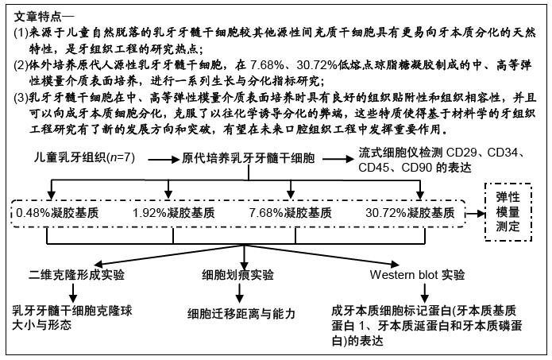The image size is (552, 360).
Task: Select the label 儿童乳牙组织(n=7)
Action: pos(84,157)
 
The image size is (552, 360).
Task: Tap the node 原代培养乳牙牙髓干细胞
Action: pos(248,158)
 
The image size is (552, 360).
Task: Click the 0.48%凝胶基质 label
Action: pos(57,213)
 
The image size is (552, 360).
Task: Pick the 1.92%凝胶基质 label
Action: pos(174,213)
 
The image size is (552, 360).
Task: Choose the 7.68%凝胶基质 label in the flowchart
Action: pos(290,213)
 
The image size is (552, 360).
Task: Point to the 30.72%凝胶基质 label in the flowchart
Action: pos(410,213)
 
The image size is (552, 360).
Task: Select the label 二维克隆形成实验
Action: pos(77,274)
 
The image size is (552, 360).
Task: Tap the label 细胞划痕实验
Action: pos(238,274)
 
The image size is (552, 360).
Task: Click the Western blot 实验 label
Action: pos(417,274)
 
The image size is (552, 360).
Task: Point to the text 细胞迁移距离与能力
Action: pos(241,313)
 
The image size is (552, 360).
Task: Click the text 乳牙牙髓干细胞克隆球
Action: pos(72,311)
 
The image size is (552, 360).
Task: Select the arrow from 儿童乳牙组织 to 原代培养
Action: pos(164,160)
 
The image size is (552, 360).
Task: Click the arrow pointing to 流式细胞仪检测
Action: pos(338,159)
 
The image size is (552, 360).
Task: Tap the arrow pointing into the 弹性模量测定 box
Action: pos(475,214)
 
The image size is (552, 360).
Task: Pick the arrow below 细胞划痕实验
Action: pos(239,293)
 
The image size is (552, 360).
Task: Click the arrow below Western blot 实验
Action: pos(425,293)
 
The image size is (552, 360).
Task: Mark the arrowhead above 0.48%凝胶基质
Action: pos(52,195)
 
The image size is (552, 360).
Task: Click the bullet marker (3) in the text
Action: pos(21,98)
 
